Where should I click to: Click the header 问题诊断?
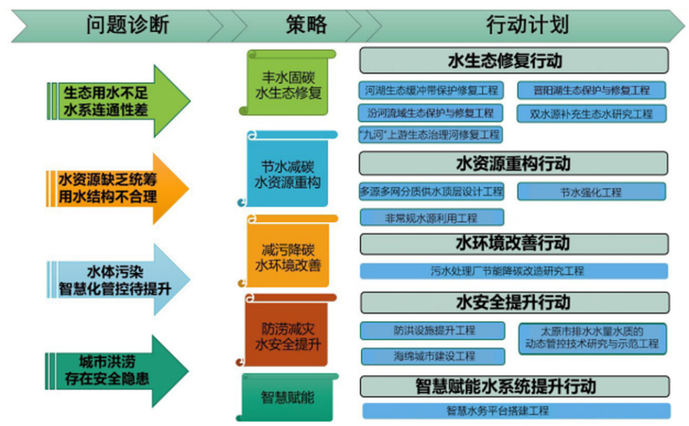pos(128,25)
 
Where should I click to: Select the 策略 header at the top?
pos(306,25)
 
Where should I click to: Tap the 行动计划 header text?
pos(528,25)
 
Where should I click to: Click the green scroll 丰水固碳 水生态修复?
pos(289,84)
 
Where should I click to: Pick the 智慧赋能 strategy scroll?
pos(288,397)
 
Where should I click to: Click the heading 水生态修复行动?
pos(514,60)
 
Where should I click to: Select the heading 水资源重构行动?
pos(514,164)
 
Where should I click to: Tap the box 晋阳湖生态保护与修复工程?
pos(591,91)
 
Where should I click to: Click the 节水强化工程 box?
pos(591,192)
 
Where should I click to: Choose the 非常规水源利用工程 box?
pos(431,217)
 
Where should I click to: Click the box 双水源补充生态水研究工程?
pos(591,114)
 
